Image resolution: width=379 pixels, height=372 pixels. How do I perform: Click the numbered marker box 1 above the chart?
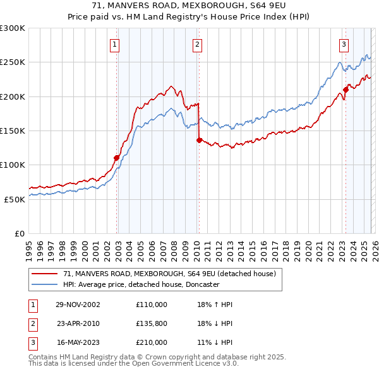(115, 44)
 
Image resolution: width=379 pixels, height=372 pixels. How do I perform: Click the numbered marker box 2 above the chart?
(198, 44)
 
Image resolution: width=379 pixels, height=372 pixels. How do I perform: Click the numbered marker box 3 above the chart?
(344, 44)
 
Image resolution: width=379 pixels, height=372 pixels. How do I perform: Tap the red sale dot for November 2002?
(117, 158)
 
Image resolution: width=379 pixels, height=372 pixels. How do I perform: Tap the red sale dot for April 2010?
(199, 141)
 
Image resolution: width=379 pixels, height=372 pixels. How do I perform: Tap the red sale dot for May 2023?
(346, 90)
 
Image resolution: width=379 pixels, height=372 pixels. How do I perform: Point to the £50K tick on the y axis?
(15, 199)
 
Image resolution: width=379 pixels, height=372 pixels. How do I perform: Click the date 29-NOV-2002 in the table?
(78, 305)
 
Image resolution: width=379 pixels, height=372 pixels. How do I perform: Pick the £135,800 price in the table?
(152, 323)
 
